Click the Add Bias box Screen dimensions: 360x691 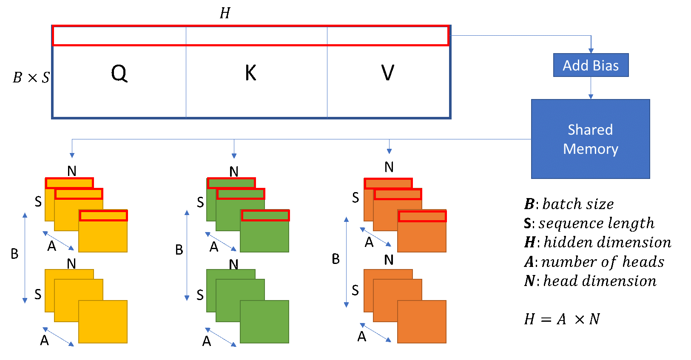(591, 65)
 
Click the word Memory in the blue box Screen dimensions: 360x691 (590, 149)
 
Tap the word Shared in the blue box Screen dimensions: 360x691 (590, 130)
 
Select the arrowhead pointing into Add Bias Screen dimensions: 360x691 (591, 51)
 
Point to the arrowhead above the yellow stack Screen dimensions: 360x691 (72, 155)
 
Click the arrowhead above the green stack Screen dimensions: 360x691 (234, 156)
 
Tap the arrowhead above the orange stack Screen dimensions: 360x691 (389, 150)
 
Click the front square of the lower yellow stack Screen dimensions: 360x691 (103, 322)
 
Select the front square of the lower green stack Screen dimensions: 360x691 (264, 322)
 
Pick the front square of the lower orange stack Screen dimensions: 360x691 (422, 322)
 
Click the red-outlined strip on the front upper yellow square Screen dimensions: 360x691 (103, 215)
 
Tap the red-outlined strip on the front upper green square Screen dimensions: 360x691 (265, 215)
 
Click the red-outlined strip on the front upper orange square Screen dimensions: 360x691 (422, 216)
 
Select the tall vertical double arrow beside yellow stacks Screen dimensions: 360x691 (25, 258)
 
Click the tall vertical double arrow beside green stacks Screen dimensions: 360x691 (187, 255)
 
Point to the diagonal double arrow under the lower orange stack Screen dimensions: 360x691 (375, 332)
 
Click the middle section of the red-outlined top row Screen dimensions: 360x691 (256, 36)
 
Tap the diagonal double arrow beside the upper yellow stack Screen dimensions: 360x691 (58, 241)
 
